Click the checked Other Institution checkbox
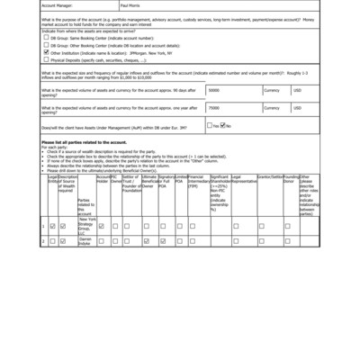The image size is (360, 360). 46,52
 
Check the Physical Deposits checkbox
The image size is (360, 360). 46,59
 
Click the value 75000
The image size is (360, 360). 214,107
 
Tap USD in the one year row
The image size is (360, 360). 298,107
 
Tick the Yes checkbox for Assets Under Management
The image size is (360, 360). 209,125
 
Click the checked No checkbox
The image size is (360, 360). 224,125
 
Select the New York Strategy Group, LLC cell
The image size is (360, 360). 86,227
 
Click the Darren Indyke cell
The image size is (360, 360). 86,241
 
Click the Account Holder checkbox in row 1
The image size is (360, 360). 102,227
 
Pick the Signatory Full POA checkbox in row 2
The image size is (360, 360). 161,241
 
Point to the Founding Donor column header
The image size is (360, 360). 291,181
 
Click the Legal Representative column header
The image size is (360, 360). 243,181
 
